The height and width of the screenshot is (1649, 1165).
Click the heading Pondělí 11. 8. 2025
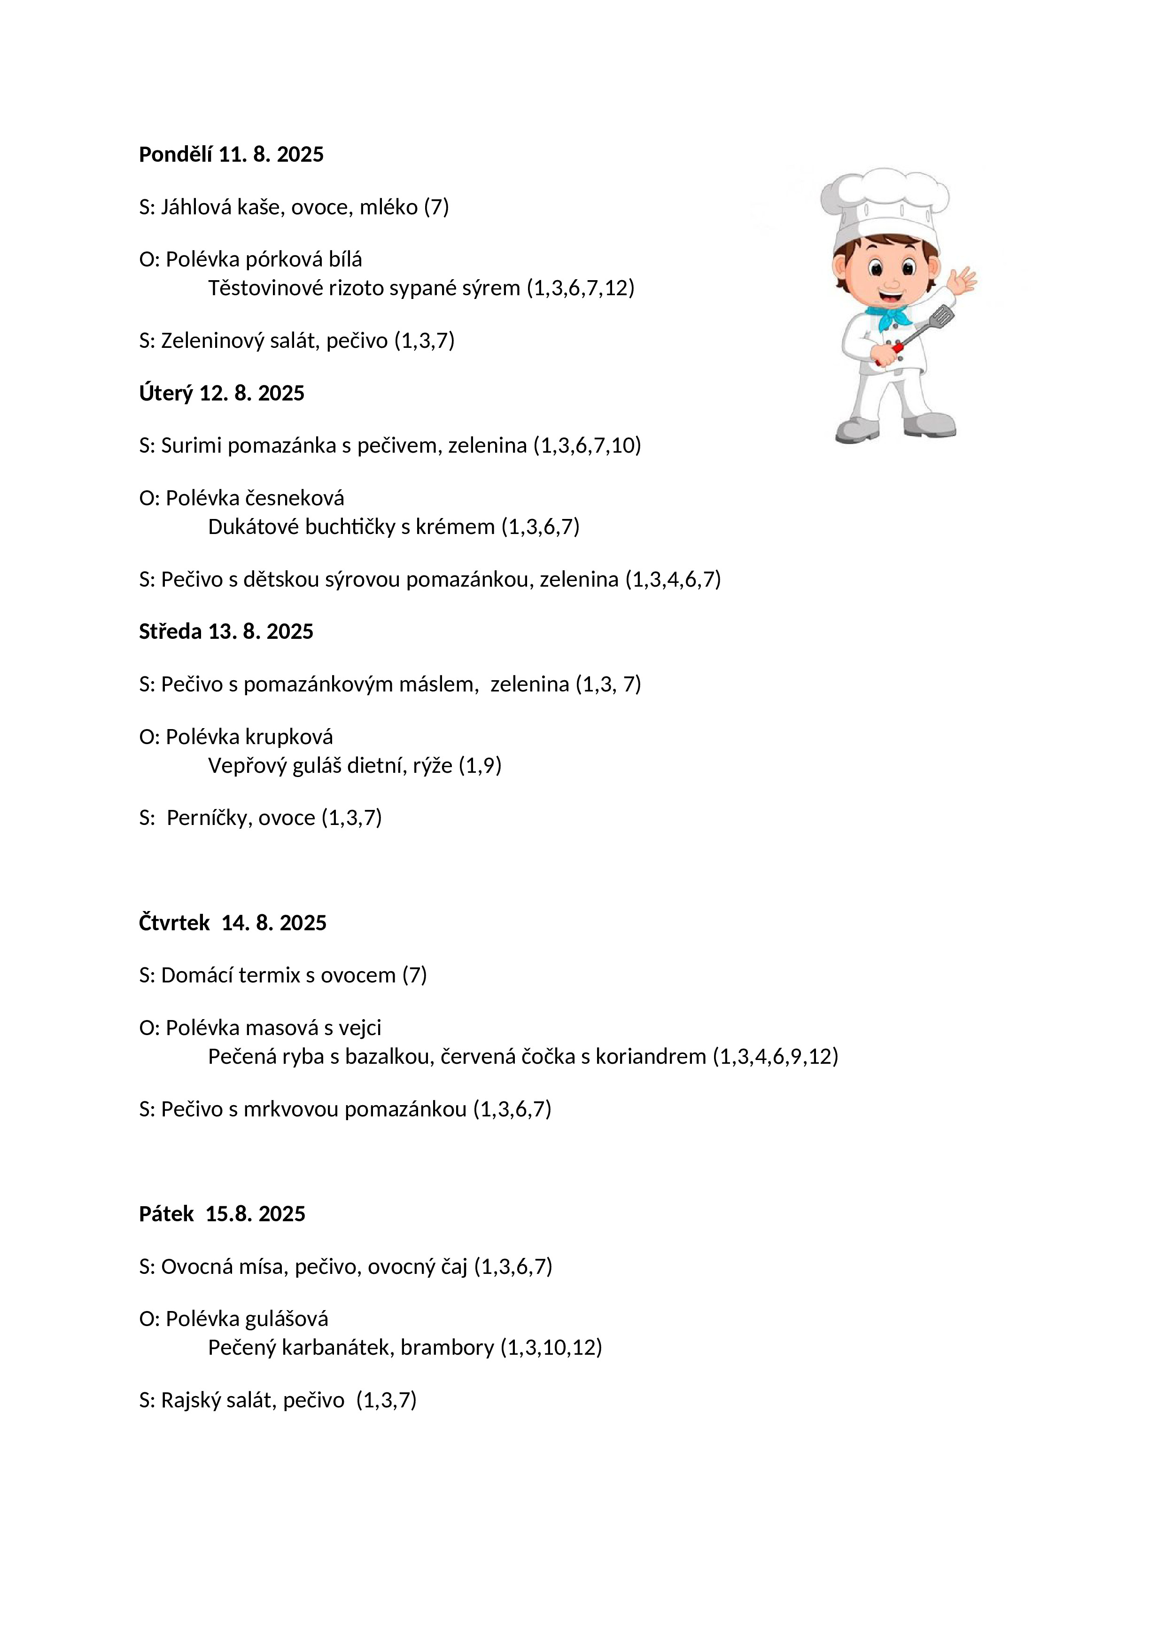pyautogui.click(x=231, y=154)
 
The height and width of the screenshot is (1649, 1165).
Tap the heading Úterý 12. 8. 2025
pyautogui.click(x=222, y=393)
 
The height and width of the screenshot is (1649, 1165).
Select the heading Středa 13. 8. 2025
pyautogui.click(x=226, y=631)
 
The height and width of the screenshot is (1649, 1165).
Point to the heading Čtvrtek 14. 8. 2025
pyautogui.click(x=233, y=922)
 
